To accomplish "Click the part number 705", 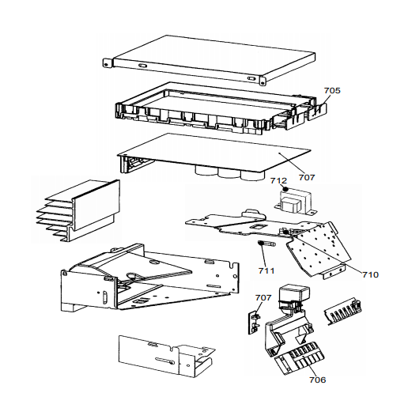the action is point(332,91).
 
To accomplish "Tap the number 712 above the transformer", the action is point(278,181).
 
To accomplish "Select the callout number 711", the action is point(266,271).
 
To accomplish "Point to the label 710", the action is point(370,275).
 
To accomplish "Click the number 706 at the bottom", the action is point(318,380).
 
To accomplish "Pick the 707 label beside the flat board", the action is point(307,178).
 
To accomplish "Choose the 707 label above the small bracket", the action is point(263,298).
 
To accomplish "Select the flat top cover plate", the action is point(210,60).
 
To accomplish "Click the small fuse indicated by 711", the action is point(266,244).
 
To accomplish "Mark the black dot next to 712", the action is point(285,189).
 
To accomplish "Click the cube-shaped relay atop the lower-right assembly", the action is point(294,293).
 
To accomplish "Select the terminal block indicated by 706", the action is point(300,358).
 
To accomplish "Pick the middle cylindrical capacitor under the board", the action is point(229,175).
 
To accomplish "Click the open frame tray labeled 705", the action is point(220,109).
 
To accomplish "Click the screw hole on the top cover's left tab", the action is point(106,64).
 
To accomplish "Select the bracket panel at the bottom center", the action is point(166,356).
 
